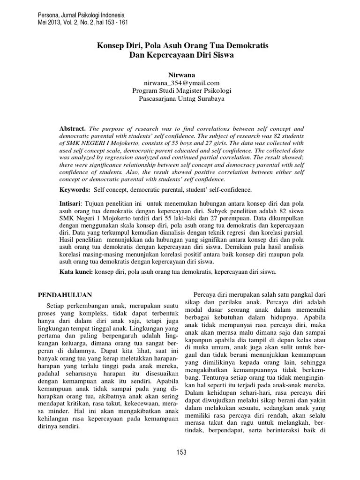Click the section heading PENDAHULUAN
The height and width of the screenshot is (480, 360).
(x=64, y=294)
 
